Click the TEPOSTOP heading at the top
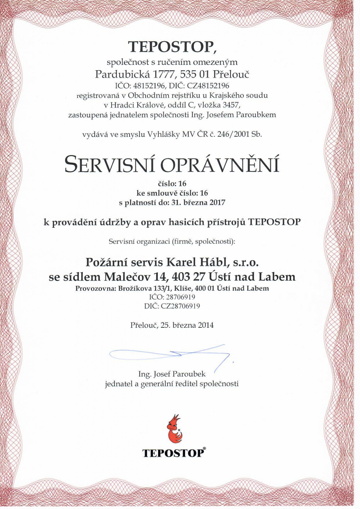click(172, 47)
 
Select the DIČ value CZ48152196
click(210, 86)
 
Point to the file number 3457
click(231, 105)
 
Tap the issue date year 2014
click(205, 325)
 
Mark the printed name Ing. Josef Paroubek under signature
click(172, 374)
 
